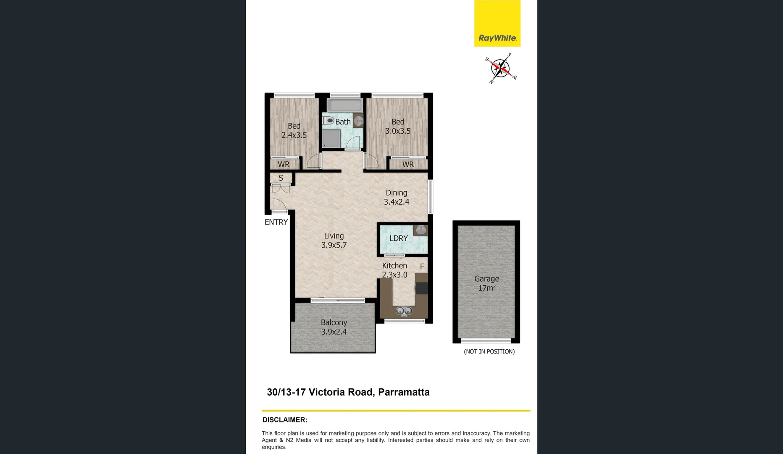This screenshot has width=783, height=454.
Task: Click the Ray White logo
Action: click(x=497, y=24)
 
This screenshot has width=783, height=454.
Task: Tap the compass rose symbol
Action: click(x=500, y=69)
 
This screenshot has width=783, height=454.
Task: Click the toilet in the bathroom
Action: click(x=328, y=121)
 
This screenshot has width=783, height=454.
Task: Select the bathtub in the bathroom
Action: click(x=344, y=105)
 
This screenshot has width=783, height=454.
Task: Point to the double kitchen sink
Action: click(x=404, y=311)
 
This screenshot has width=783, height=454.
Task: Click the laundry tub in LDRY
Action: click(x=420, y=230)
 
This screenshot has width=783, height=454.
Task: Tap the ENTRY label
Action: click(x=276, y=222)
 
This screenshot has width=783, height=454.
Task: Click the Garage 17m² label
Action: click(x=486, y=283)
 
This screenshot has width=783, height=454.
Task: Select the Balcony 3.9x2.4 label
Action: click(x=334, y=327)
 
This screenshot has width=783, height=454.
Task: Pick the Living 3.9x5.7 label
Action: click(x=334, y=240)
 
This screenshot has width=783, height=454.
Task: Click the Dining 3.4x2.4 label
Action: click(x=397, y=197)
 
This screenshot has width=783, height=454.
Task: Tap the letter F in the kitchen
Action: click(x=422, y=267)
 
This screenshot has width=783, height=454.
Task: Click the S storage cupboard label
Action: click(x=281, y=178)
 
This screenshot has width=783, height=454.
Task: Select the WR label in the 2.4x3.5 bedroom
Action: click(x=284, y=164)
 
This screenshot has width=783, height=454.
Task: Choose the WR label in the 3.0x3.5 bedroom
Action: click(x=408, y=164)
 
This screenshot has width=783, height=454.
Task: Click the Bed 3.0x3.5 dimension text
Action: click(x=398, y=131)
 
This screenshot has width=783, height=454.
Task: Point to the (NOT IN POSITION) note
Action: click(x=489, y=351)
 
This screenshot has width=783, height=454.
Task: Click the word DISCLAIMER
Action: click(x=285, y=420)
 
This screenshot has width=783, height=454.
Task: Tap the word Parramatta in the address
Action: click(x=404, y=392)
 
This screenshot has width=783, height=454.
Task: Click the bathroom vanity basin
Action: click(x=358, y=121)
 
